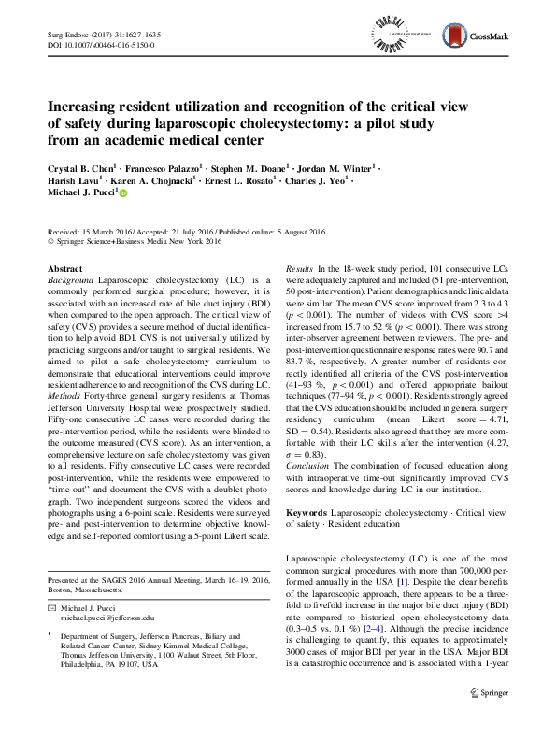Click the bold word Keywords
pyautogui.click(x=306, y=512)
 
